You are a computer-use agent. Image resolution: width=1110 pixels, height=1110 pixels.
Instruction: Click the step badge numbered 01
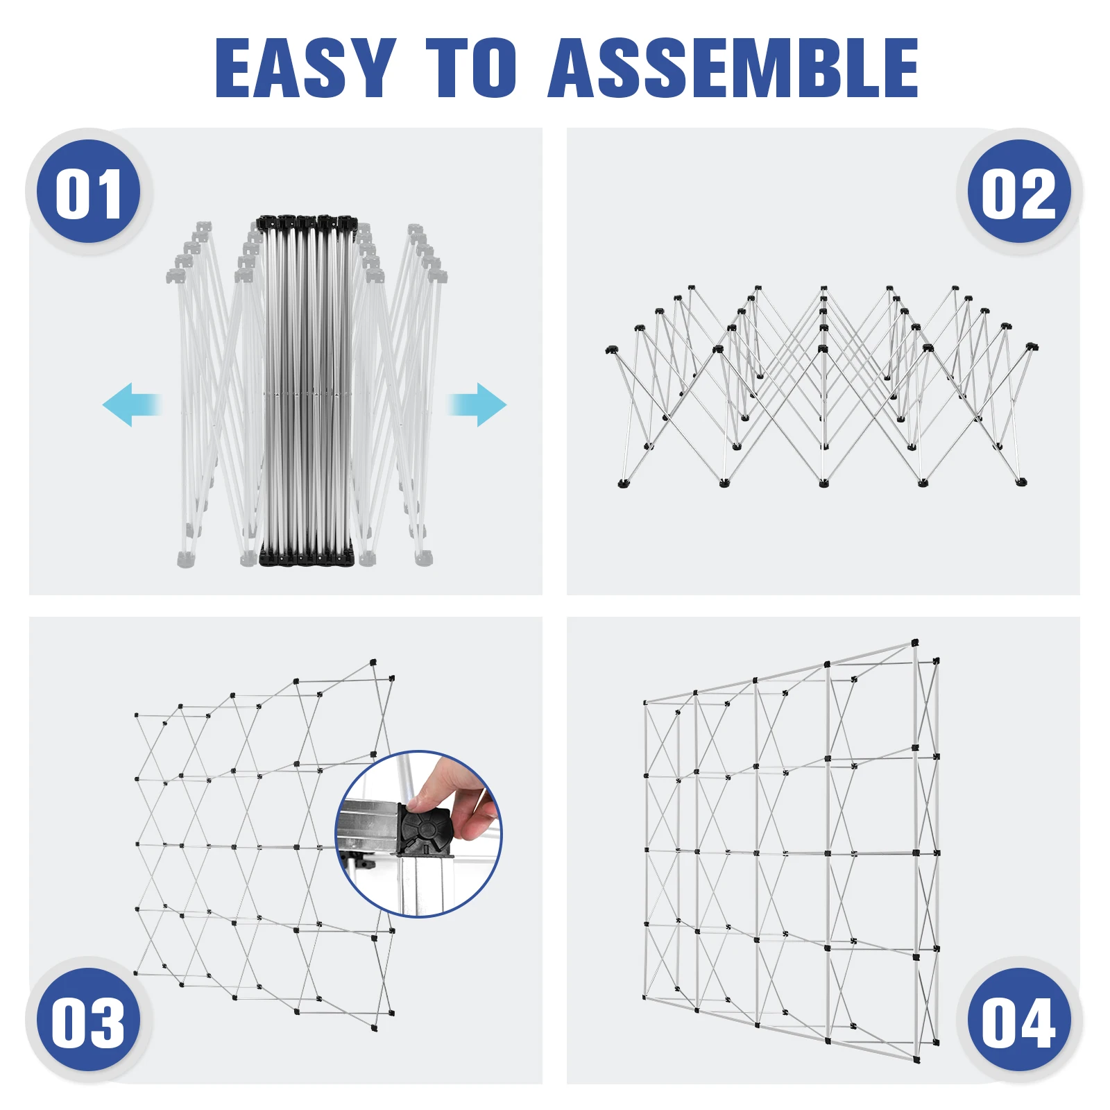coord(88,192)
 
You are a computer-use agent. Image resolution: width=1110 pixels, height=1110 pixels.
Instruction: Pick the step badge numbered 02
coord(1018,192)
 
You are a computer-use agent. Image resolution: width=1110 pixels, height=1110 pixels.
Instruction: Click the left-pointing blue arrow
coord(132,404)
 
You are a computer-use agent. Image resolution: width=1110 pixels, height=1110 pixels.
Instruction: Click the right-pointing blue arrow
coord(477,404)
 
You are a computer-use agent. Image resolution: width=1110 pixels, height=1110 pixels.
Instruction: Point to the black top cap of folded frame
coord(306,223)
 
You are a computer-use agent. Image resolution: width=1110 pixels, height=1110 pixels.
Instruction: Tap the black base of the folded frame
coord(306,556)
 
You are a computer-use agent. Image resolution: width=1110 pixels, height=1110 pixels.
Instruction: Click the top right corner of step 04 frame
coord(915,644)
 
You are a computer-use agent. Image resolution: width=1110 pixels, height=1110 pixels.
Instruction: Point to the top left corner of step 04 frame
coord(645,702)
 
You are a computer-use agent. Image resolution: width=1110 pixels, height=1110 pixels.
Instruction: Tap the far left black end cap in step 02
coord(610,350)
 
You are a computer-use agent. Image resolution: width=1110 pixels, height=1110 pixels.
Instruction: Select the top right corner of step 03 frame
coord(373,663)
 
